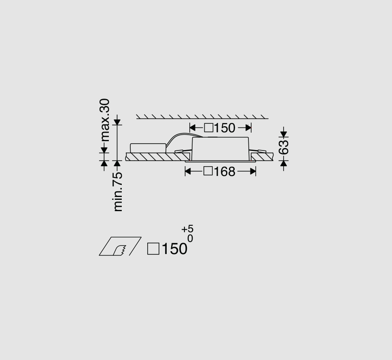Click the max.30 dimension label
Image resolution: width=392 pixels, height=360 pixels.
105,120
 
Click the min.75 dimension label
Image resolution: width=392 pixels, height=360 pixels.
118,192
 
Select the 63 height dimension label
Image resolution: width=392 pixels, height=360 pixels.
284,147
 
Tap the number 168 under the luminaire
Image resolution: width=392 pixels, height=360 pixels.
225,172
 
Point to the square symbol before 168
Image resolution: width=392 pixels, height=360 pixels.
208,171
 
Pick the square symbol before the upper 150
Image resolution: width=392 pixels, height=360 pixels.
208,127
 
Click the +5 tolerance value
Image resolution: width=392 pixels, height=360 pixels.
187,229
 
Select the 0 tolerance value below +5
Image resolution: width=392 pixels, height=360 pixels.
190,239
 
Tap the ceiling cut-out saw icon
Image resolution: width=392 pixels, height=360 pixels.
120,246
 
